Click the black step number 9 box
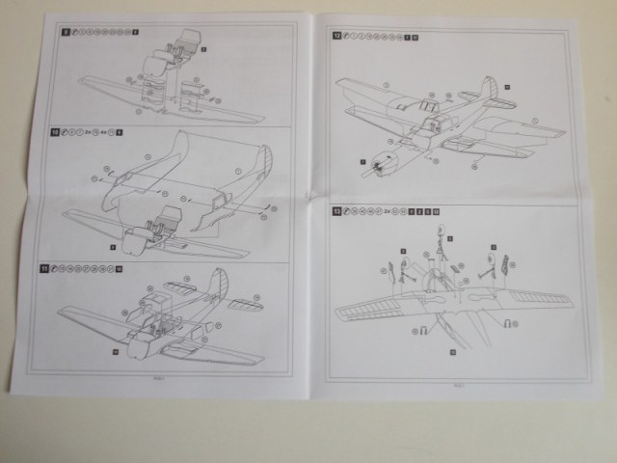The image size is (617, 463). [64, 34]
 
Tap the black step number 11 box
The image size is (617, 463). [58, 267]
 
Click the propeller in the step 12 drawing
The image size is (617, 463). [371, 166]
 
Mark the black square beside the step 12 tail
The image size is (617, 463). [507, 87]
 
